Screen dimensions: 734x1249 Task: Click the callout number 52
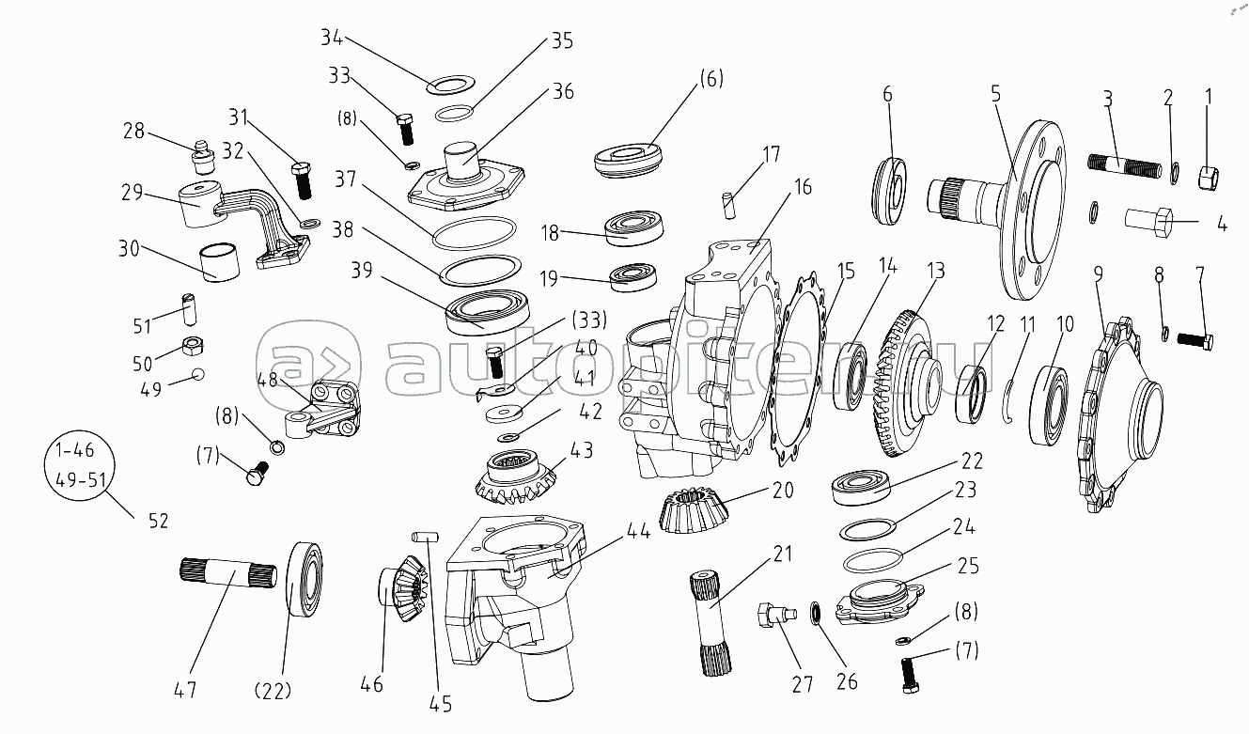coord(157,519)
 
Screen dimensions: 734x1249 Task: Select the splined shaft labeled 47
coord(225,573)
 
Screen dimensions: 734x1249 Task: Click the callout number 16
coord(802,187)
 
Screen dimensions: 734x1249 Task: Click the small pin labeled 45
coord(423,536)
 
